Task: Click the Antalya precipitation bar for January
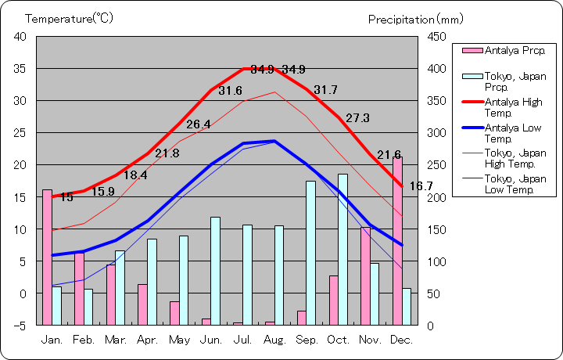pyautogui.click(x=47, y=257)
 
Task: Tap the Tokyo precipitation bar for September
pyautogui.click(x=310, y=253)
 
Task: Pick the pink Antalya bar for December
pyautogui.click(x=398, y=240)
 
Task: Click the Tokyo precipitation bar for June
pyautogui.click(x=215, y=271)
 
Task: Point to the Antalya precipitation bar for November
pyautogui.click(x=365, y=275)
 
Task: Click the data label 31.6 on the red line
pyautogui.click(x=230, y=91)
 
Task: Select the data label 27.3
pyautogui.click(x=357, y=118)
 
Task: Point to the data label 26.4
pyautogui.click(x=198, y=124)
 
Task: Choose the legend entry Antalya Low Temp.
pyautogui.click(x=513, y=132)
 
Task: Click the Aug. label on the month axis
pyautogui.click(x=275, y=340)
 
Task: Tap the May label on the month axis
pyautogui.click(x=179, y=340)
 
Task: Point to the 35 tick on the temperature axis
pyautogui.click(x=20, y=69)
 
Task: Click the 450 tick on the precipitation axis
pyautogui.click(x=436, y=37)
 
